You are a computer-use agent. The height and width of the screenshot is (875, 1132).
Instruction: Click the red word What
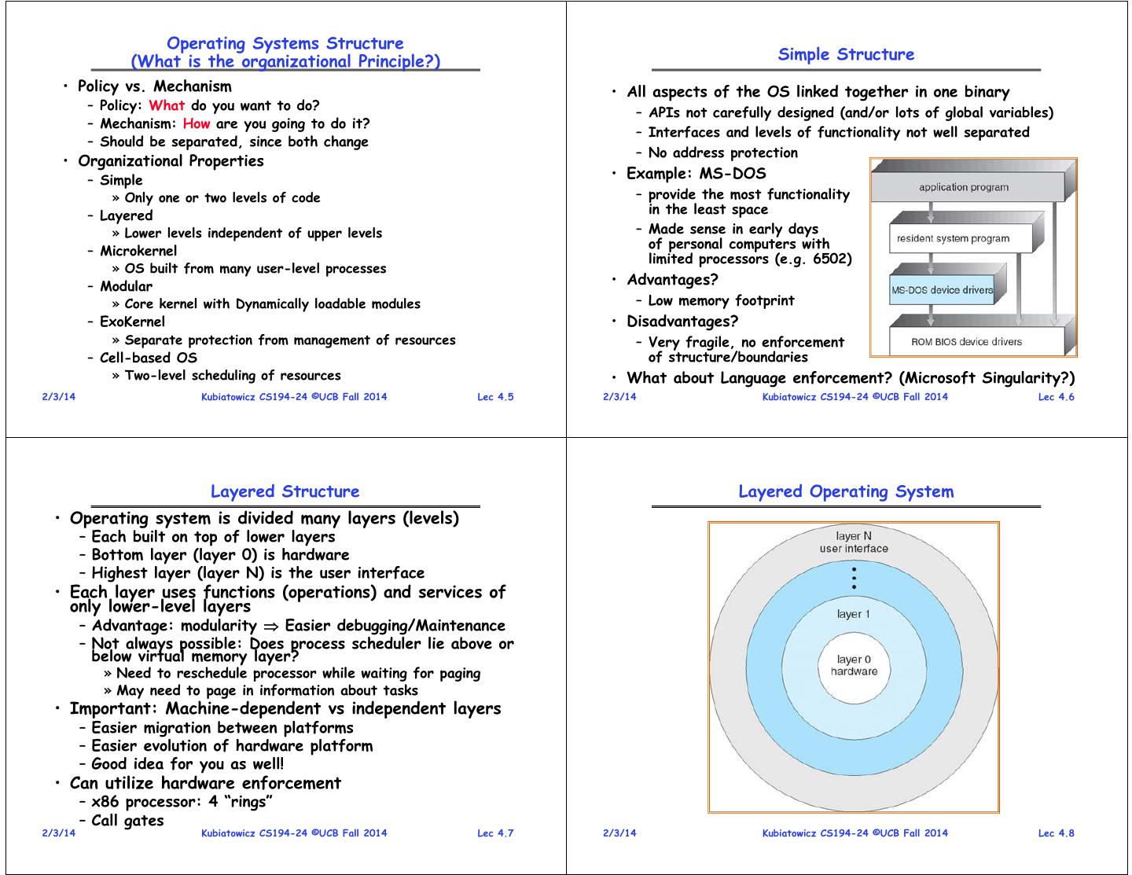coord(167,105)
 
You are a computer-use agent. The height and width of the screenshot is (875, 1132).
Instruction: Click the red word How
coord(197,123)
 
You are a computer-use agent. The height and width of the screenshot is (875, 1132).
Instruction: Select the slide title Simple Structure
coord(846,54)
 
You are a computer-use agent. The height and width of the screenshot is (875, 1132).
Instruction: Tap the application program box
coord(963,187)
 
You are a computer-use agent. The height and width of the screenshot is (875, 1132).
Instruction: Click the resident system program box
coord(953,238)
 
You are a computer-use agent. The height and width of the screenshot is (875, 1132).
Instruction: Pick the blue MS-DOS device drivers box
coord(942,290)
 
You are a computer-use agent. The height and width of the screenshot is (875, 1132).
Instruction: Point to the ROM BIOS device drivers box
coord(966,342)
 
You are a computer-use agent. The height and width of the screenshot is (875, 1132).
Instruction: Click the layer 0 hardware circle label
coord(854,665)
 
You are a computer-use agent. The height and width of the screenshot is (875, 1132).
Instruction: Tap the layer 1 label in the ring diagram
coord(854,613)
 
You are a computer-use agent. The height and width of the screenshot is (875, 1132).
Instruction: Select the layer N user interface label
coord(854,542)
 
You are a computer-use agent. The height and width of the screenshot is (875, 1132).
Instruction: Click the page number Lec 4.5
coord(495,396)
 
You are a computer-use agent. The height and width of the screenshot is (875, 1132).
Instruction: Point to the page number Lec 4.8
coord(1056,833)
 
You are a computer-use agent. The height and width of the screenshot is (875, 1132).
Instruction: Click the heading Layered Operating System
coord(846,491)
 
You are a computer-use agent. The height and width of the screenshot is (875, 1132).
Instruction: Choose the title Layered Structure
coord(285,491)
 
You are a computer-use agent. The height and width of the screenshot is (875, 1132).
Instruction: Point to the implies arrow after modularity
coord(271,626)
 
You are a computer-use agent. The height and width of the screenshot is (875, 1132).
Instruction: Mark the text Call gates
coord(127,820)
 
